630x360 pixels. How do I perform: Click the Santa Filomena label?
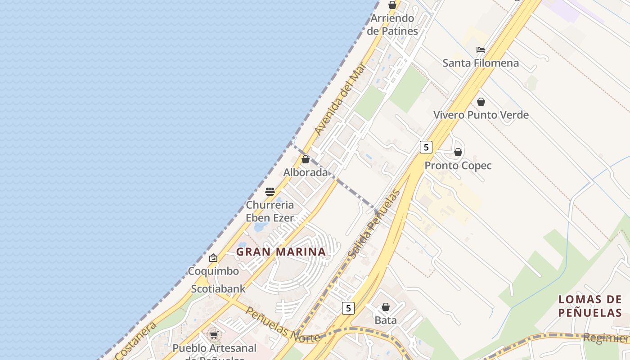tap(481, 63)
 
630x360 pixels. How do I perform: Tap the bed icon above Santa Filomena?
tap(481, 49)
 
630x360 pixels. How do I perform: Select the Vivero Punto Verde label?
tap(481, 115)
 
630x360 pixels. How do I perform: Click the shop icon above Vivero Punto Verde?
tap(481, 102)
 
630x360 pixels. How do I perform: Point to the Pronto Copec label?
tap(458, 166)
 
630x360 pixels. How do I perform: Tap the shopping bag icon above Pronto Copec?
tap(458, 152)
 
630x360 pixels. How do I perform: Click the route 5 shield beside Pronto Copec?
tap(426, 147)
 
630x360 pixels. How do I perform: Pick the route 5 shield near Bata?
tap(348, 308)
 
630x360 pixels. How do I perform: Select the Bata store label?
tap(386, 320)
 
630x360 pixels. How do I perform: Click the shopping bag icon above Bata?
tap(386, 307)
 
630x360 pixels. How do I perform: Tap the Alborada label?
tap(306, 172)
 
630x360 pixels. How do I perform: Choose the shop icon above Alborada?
tap(306, 159)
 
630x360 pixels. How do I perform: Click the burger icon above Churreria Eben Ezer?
tap(270, 192)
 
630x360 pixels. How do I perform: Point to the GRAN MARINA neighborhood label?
tap(281, 252)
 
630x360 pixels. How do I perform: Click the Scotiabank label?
tap(218, 289)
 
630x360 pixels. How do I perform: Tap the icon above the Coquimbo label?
tap(213, 258)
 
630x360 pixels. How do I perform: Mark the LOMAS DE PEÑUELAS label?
tap(590, 306)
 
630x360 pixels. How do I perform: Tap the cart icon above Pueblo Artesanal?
tap(214, 335)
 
